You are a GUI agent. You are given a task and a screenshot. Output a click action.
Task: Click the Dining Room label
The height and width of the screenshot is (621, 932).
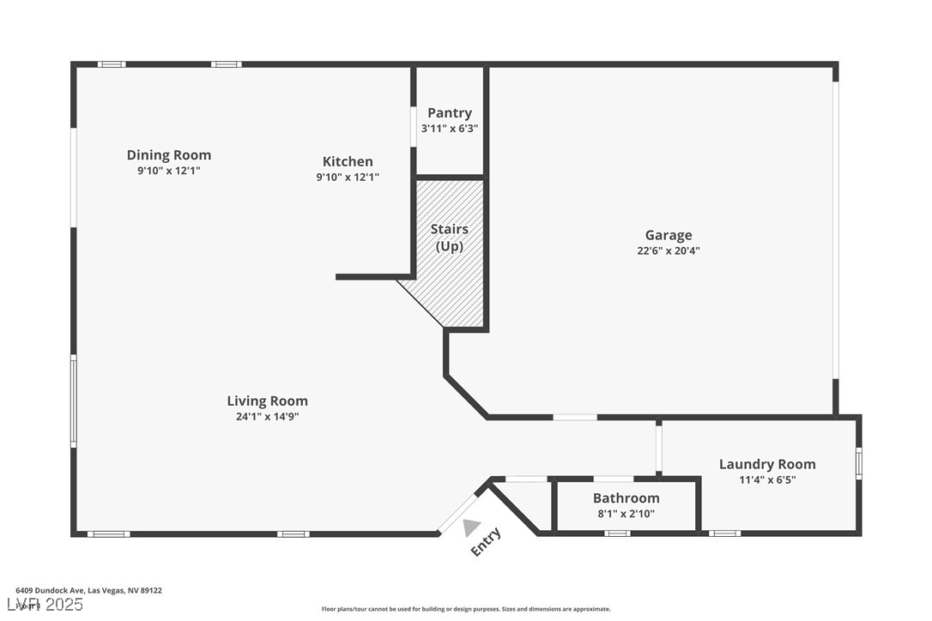pos(169,155)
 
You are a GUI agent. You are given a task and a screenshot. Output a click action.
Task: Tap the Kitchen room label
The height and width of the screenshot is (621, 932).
pos(348,161)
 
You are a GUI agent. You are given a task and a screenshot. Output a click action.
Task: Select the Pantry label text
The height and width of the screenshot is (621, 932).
pos(450,113)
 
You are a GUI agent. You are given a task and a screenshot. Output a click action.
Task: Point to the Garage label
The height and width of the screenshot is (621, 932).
pos(669,235)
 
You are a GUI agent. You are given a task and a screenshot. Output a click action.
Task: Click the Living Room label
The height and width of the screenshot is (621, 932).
pos(267,401)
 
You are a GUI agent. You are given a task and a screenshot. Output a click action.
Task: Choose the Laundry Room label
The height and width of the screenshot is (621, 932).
pos(767,464)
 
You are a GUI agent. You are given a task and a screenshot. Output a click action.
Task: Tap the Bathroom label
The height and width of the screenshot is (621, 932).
pos(626,498)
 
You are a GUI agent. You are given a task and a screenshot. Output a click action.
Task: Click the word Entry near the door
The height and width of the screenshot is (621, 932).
pos(486,542)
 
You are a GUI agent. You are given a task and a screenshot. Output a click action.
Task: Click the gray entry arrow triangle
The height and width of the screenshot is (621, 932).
pos(470,528)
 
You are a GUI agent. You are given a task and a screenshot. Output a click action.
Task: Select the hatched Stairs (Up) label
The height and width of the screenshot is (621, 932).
pos(450,238)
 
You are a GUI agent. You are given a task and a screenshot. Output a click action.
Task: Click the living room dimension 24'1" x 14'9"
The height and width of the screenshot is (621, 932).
pos(267,417)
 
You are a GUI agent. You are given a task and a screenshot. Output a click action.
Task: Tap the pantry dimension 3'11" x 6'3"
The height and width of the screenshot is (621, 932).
pos(450,129)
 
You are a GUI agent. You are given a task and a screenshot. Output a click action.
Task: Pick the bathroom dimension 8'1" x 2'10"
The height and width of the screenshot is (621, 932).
pos(626,514)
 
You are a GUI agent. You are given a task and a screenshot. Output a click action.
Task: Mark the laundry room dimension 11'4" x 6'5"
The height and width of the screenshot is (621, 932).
pos(767,480)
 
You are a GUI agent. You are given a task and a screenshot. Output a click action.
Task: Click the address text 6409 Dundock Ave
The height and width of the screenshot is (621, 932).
pos(89,590)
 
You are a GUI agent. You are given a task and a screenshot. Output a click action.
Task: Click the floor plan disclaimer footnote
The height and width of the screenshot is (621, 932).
pos(466,609)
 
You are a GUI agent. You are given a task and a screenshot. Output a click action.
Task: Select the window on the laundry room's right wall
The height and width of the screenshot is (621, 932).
pos(858,462)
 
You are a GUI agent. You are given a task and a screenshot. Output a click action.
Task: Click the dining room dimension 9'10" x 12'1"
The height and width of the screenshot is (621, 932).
pos(169,171)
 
